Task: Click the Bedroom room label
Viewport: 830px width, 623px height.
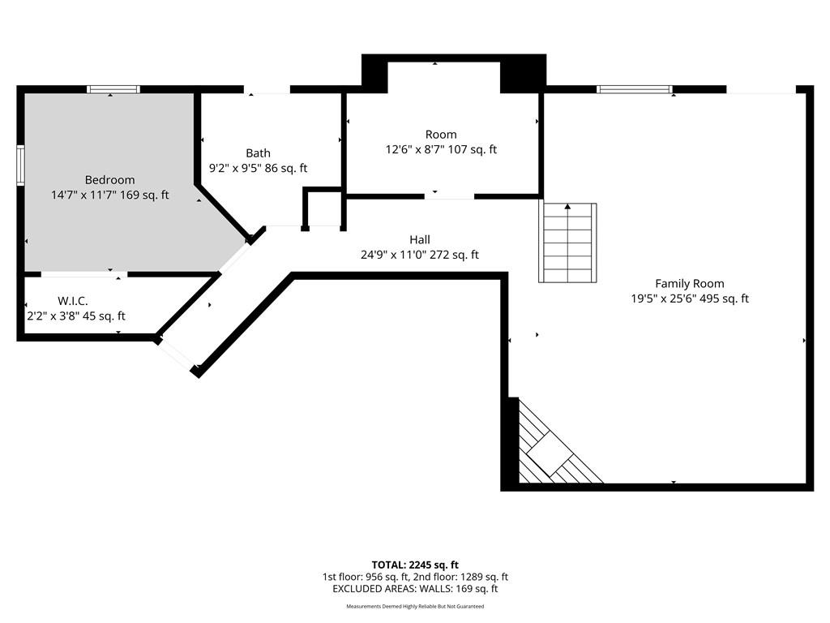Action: pos(109,180)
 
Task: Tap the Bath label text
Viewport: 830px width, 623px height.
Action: pos(259,153)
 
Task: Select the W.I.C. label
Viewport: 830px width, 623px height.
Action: pos(72,301)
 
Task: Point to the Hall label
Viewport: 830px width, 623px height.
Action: pos(420,239)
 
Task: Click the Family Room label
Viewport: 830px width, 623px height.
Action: pos(690,283)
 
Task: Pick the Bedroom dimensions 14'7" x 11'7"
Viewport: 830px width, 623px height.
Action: pos(83,195)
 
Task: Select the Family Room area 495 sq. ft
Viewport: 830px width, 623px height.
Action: pos(724,299)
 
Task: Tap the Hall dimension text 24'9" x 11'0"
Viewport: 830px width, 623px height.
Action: pos(393,255)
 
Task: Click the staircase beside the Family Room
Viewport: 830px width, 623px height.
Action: pos(567,243)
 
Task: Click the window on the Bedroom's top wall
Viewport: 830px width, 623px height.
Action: pos(113,89)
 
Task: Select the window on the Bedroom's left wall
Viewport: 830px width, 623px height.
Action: pos(20,165)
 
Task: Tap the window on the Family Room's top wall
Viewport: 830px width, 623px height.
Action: pos(634,89)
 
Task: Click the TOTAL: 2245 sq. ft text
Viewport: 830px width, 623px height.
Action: pos(415,565)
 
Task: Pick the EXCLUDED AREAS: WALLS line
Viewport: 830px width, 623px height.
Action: pos(415,589)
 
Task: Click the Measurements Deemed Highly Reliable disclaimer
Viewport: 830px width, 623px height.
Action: pos(415,606)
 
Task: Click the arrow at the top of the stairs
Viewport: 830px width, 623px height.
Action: pos(567,206)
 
